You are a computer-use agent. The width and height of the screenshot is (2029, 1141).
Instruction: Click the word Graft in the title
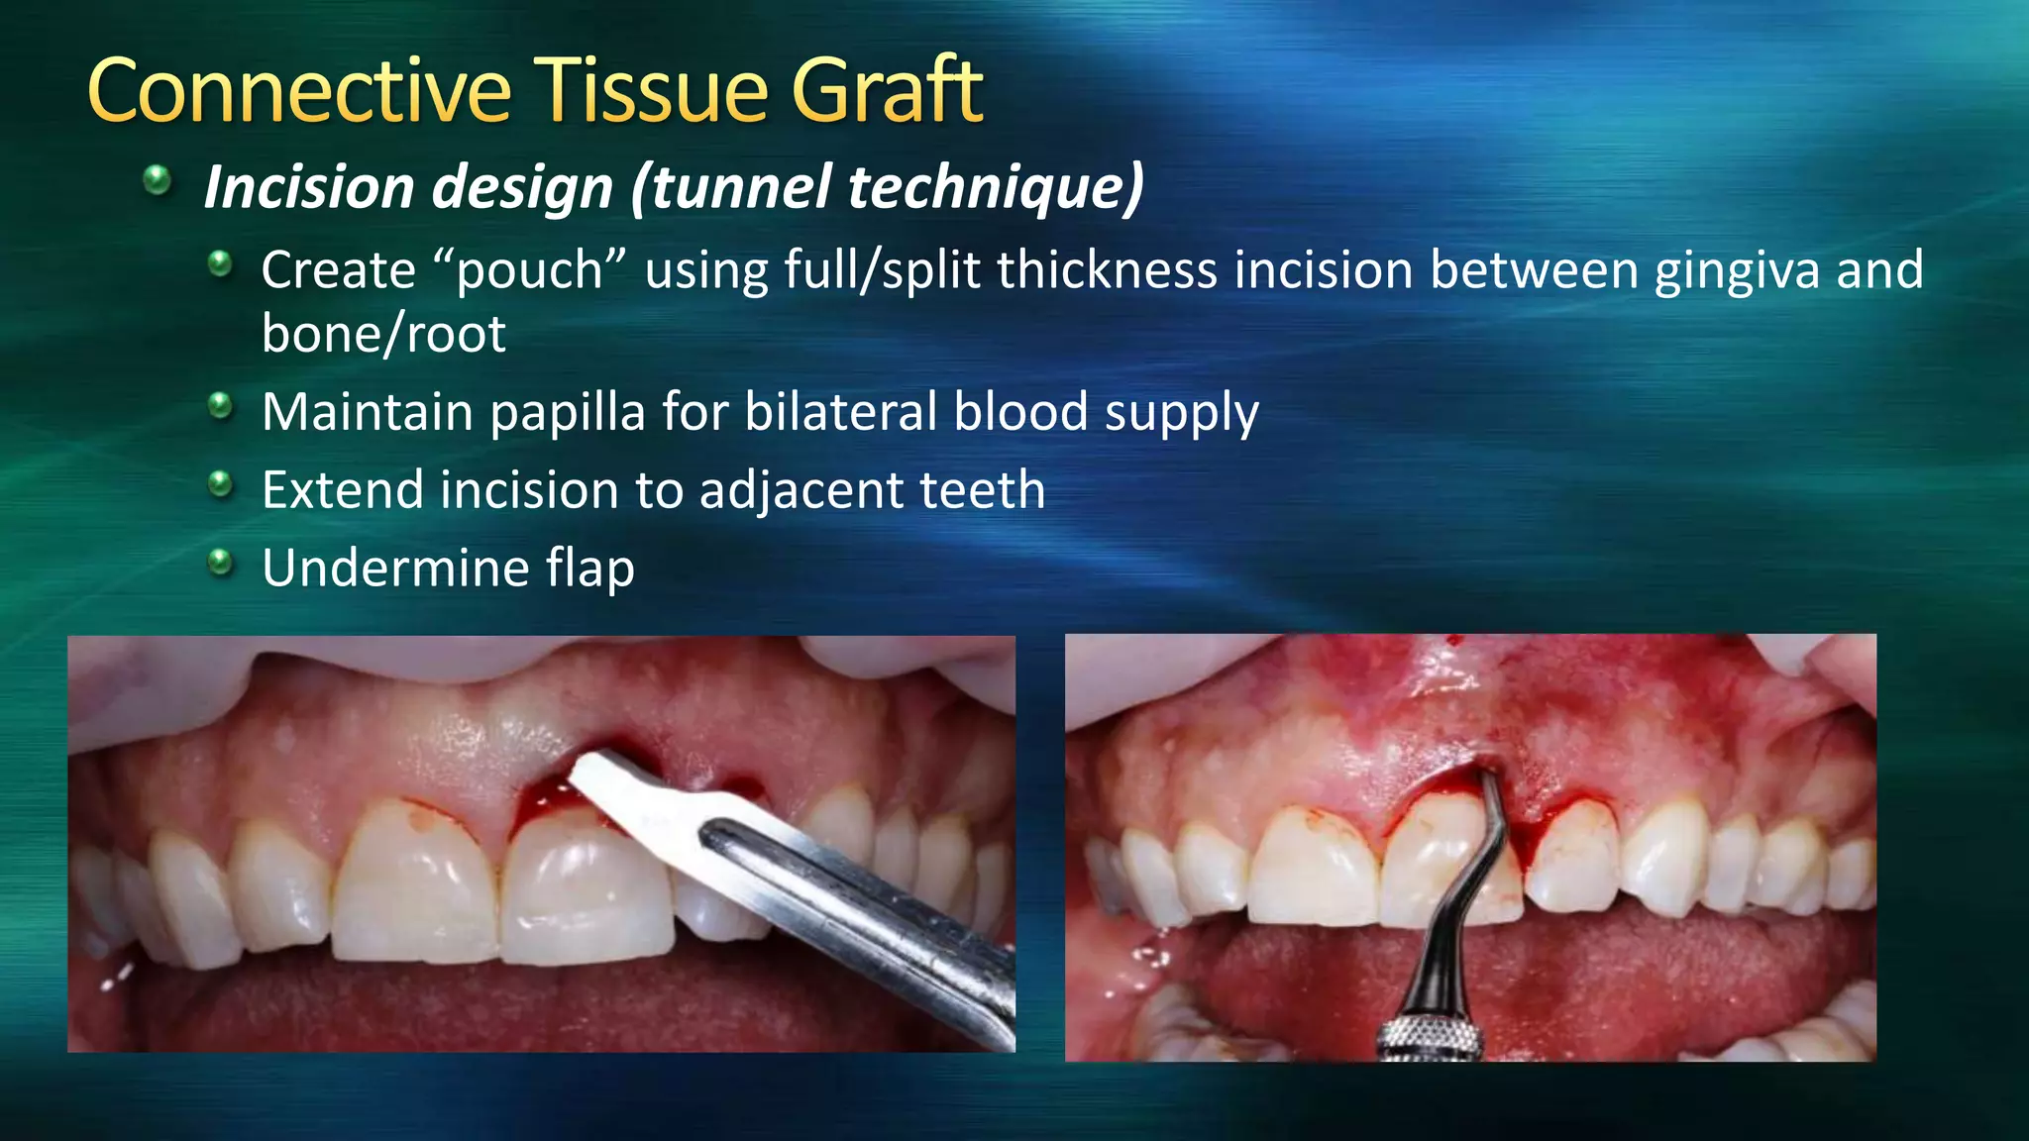(886, 91)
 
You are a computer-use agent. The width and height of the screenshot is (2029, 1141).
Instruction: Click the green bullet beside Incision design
(157, 181)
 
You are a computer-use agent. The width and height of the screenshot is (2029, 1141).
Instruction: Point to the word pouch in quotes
(529, 271)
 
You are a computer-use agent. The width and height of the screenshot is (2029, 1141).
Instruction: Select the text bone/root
(383, 334)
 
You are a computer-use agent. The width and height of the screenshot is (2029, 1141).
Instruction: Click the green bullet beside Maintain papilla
(220, 406)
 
